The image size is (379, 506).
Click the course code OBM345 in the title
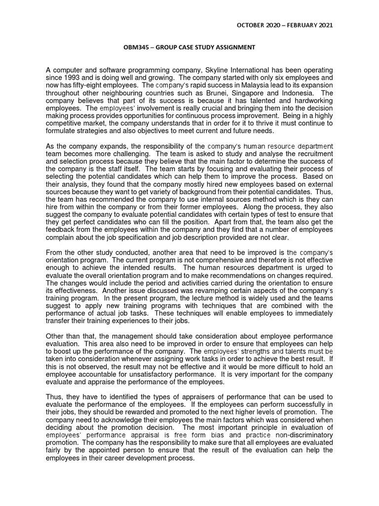[x=137, y=47]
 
